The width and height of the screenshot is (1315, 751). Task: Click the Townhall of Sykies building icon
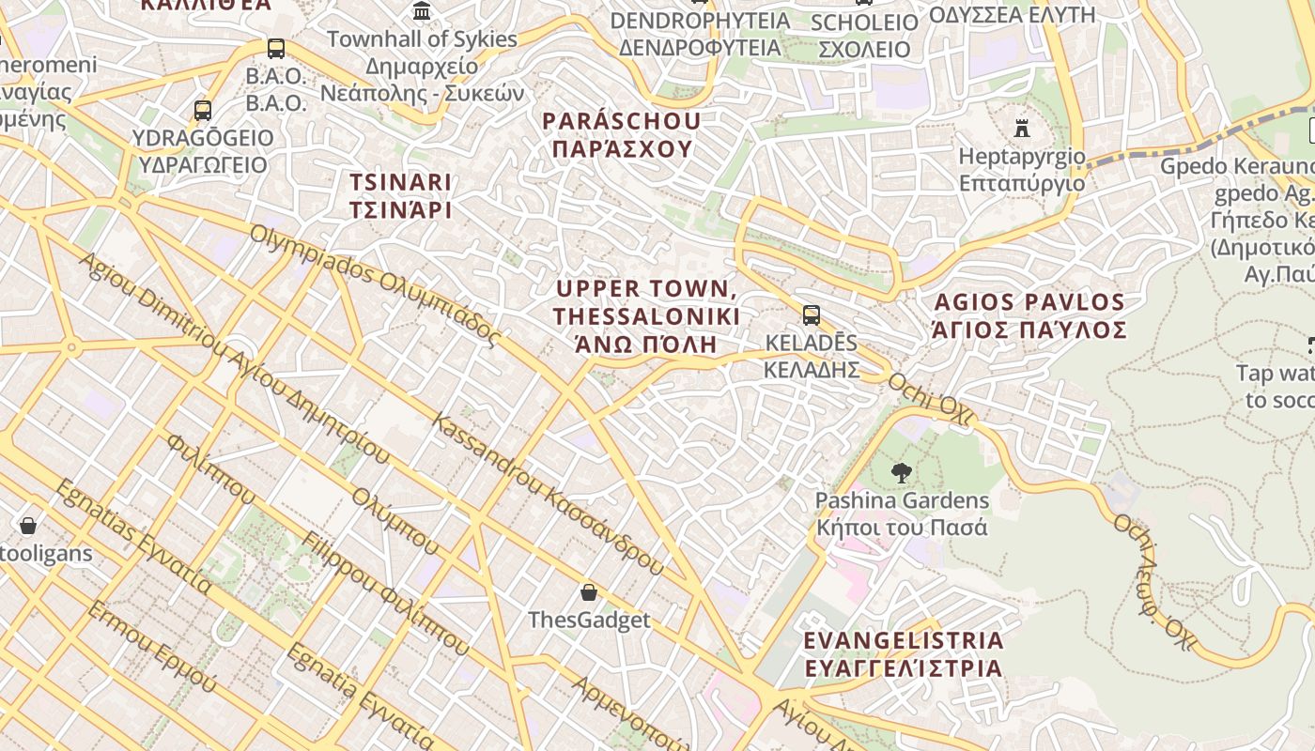tap(422, 11)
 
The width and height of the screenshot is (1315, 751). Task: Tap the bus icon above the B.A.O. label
tap(275, 49)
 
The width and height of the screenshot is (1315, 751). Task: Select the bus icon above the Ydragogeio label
tap(202, 111)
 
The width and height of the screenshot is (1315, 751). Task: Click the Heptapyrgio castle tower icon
tap(1022, 128)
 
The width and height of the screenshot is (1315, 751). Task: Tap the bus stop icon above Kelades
tap(811, 315)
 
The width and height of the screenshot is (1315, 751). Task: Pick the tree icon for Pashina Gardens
tap(902, 473)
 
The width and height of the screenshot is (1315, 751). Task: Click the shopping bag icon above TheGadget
tap(589, 592)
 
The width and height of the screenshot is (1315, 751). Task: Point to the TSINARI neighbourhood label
tap(400, 195)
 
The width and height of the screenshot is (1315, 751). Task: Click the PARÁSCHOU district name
tap(622, 135)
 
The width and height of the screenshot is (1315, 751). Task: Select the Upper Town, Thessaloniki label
tap(646, 315)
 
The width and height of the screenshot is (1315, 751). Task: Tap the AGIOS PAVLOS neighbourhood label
tap(1029, 316)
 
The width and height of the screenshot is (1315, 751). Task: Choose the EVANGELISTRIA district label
tap(903, 654)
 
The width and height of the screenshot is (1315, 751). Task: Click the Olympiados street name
tap(376, 284)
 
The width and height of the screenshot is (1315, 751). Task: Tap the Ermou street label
tap(151, 648)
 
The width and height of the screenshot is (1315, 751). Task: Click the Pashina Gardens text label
tap(902, 513)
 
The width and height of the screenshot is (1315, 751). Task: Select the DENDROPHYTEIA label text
tap(700, 33)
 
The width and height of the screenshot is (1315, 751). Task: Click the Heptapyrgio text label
tap(1021, 169)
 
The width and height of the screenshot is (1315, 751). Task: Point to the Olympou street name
tap(394, 521)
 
